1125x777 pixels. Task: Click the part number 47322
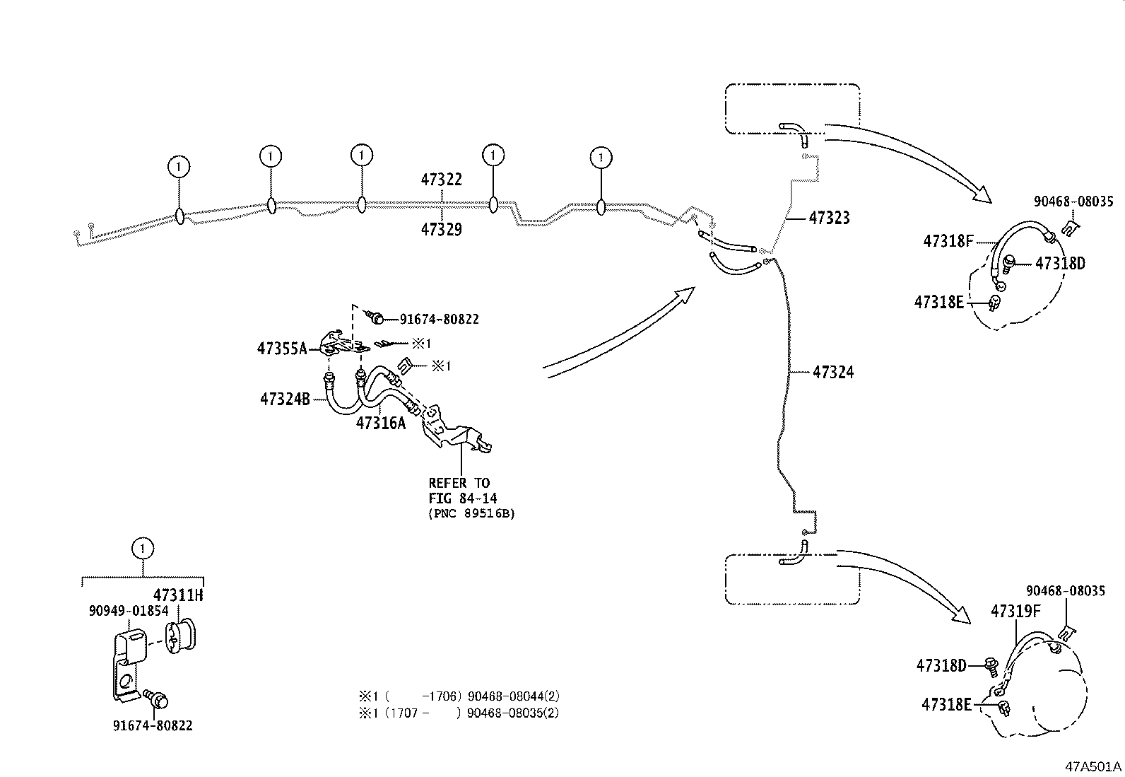click(x=441, y=180)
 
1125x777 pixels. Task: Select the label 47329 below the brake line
click(x=441, y=229)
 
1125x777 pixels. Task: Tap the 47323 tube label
click(x=829, y=218)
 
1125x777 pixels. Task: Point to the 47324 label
click(x=833, y=372)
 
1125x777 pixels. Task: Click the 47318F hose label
click(x=948, y=241)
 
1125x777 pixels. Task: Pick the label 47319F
click(x=1015, y=611)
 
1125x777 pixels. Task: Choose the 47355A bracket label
click(x=282, y=349)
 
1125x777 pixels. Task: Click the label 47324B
click(x=285, y=399)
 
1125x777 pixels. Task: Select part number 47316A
click(x=381, y=423)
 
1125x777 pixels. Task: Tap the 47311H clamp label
click(x=178, y=595)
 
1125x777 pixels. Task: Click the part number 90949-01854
click(x=129, y=611)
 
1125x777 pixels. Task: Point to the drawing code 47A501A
click(x=1093, y=766)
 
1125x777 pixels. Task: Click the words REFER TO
click(x=459, y=483)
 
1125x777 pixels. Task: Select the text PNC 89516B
click(x=471, y=514)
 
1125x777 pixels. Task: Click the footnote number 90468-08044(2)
click(x=513, y=696)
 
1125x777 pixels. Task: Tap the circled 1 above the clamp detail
click(x=143, y=549)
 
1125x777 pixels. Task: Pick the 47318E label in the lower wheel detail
click(x=946, y=705)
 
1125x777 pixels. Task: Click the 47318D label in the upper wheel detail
click(x=1060, y=263)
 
